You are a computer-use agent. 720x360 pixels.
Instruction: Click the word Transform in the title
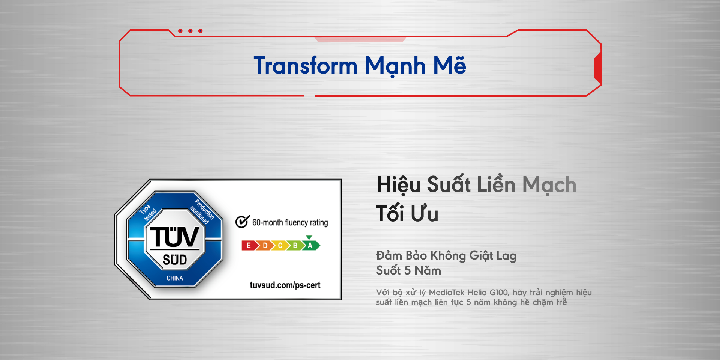pyautogui.click(x=306, y=65)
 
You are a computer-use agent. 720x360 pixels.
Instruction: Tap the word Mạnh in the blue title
pyautogui.click(x=395, y=66)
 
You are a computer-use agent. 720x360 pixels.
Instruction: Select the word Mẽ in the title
pyautogui.click(x=450, y=64)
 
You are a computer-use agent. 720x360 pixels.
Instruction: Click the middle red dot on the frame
pyautogui.click(x=190, y=31)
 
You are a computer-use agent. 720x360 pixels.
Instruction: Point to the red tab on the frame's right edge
pyautogui.click(x=598, y=68)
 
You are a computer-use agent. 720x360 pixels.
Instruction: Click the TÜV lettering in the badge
pyautogui.click(x=174, y=237)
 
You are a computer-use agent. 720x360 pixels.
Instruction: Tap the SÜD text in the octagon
pyautogui.click(x=175, y=259)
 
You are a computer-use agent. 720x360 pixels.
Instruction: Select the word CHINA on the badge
pyautogui.click(x=175, y=278)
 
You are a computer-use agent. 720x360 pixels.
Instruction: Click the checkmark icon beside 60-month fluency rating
pyautogui.click(x=242, y=222)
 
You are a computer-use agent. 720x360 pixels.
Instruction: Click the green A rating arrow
pyautogui.click(x=311, y=246)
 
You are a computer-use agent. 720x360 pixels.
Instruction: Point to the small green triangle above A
pyautogui.click(x=309, y=237)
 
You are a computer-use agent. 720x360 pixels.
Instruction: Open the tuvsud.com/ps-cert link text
pyautogui.click(x=285, y=285)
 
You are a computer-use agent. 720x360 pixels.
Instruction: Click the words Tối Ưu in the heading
pyautogui.click(x=407, y=213)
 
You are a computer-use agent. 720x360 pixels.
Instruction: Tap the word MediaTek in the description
pyautogui.click(x=447, y=292)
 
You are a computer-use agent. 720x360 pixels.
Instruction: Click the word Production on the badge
pyautogui.click(x=204, y=209)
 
